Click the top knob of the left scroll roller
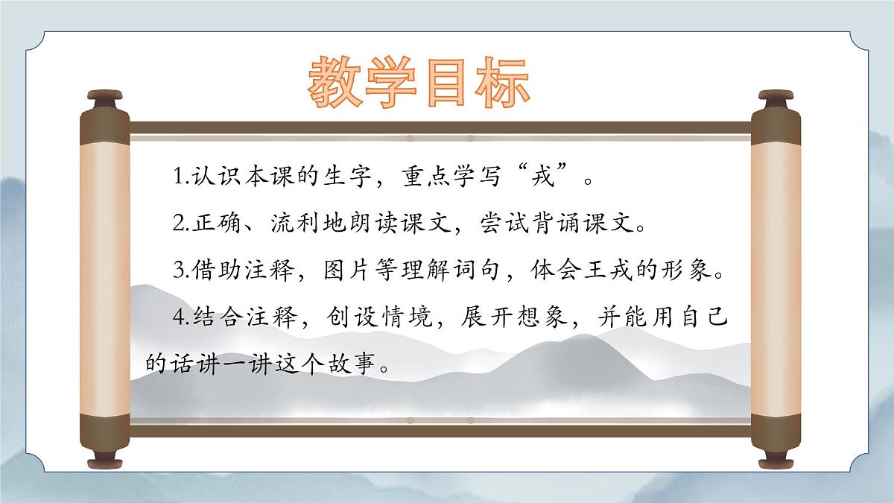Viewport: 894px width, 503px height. point(104,98)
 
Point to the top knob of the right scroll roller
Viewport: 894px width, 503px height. point(774,98)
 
